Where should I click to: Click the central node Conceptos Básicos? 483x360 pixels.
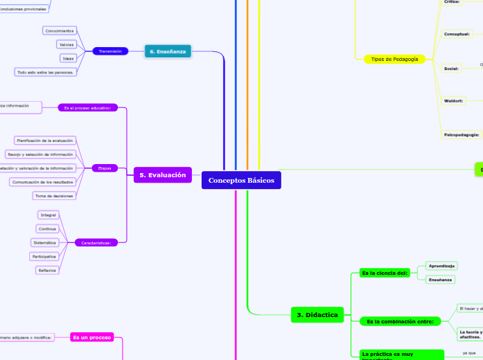(x=241, y=181)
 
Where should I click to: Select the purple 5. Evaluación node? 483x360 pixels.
(x=163, y=176)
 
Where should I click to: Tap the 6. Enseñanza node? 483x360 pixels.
(x=167, y=51)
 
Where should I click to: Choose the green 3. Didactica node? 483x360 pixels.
(x=317, y=315)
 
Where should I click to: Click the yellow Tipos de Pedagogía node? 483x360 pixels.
(x=394, y=60)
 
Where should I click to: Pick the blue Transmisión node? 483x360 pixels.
(x=110, y=51)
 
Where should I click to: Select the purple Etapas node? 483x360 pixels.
(x=105, y=168)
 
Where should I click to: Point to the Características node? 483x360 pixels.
(x=101, y=242)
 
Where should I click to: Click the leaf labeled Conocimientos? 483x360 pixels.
(x=59, y=31)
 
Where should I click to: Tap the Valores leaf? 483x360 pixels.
(x=67, y=44)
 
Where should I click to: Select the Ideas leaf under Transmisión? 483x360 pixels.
(x=68, y=57)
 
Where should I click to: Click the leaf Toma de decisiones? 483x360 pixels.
(x=54, y=196)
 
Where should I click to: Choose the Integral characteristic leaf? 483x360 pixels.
(x=48, y=215)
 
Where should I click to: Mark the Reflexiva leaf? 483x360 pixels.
(x=48, y=270)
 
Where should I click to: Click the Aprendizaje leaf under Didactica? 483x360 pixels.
(x=441, y=266)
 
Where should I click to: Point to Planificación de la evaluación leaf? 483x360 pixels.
(x=44, y=141)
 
